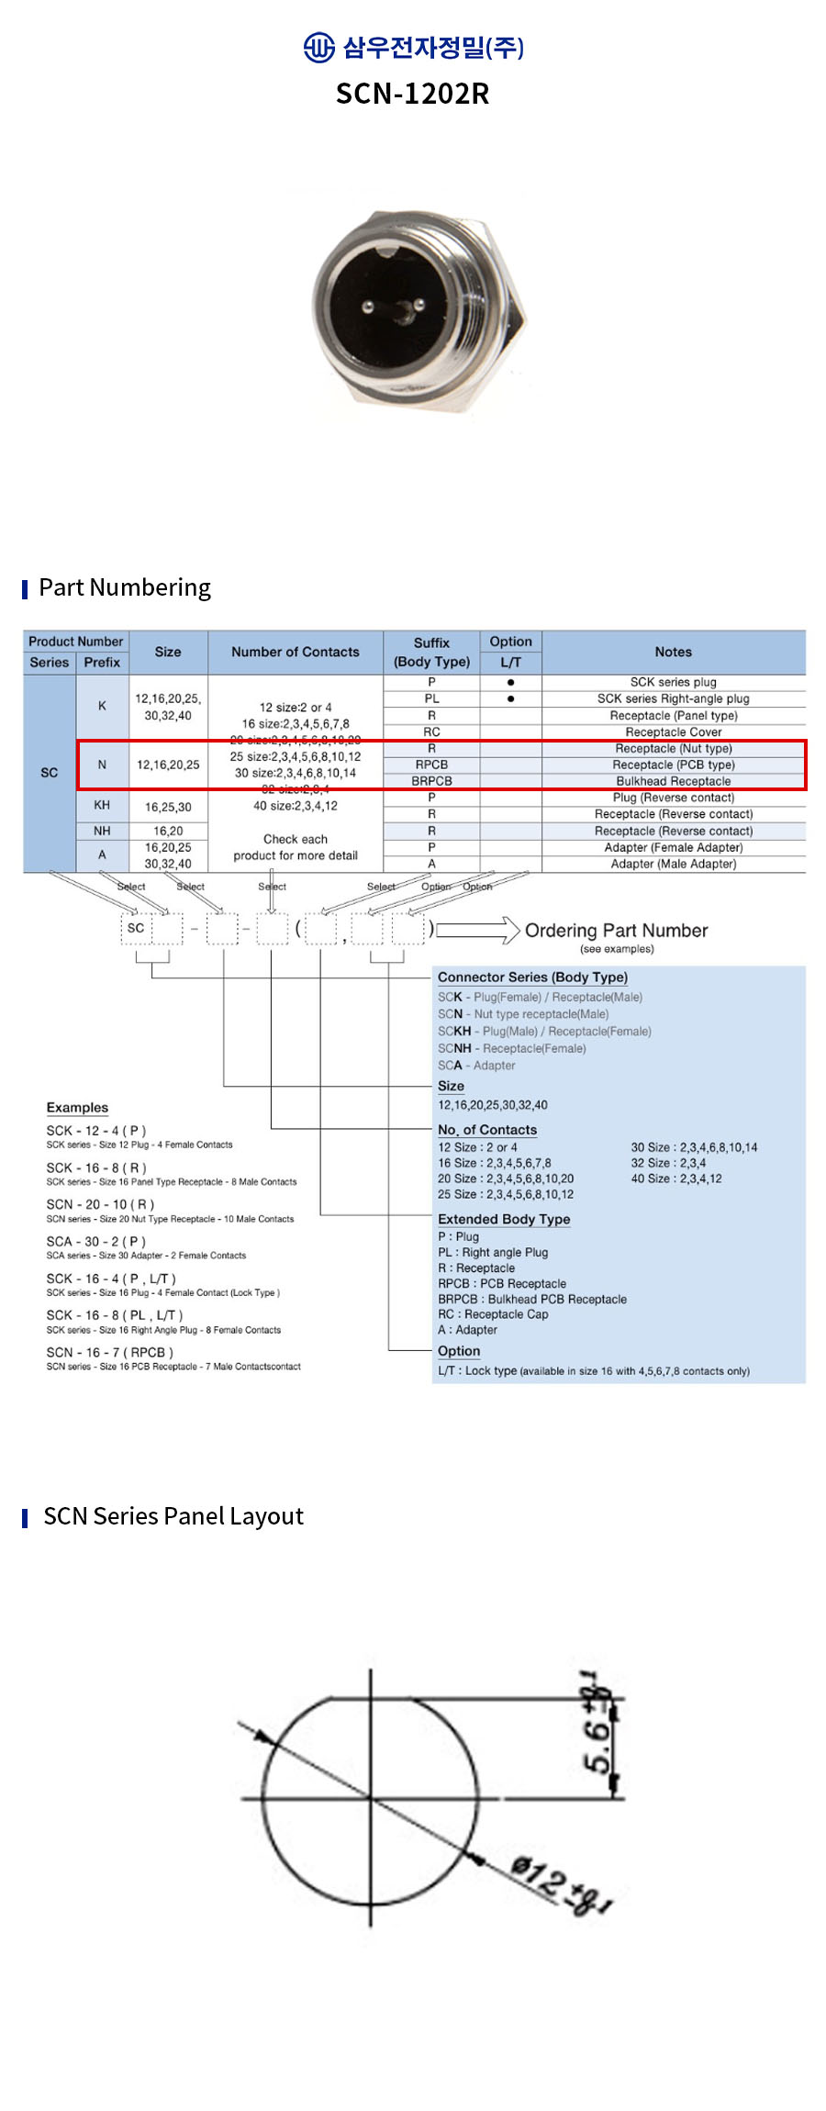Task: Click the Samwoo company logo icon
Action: [318, 47]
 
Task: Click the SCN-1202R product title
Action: [412, 94]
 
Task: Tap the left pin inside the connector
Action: [368, 307]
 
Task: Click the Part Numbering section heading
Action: [125, 587]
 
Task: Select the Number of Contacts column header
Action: [295, 652]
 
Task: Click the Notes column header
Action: [673, 652]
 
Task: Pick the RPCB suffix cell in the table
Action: [431, 765]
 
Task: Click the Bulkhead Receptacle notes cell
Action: [673, 781]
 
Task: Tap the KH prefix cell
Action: [102, 805]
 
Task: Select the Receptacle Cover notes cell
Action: [673, 732]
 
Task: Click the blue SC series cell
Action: [50, 773]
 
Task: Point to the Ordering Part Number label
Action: [616, 931]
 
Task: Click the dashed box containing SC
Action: [136, 928]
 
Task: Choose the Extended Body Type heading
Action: [504, 1219]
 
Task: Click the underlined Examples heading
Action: [77, 1108]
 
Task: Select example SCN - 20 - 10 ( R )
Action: [101, 1204]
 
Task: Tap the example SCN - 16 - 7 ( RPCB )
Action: [110, 1352]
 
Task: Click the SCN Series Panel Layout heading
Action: [173, 1516]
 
